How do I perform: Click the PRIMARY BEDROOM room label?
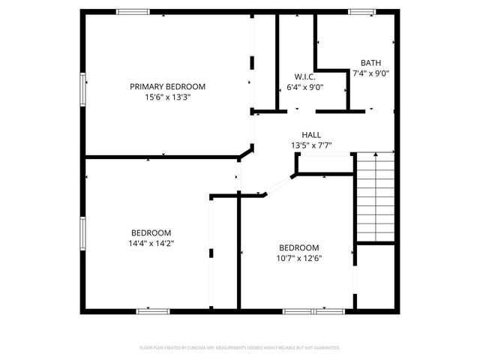click(x=167, y=86)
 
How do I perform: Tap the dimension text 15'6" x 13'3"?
click(x=167, y=97)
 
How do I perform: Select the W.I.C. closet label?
click(x=305, y=76)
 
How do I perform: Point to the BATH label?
click(x=370, y=63)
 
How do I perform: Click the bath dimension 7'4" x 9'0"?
click(x=370, y=73)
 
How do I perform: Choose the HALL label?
click(x=311, y=135)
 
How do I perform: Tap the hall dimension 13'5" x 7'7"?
click(x=311, y=145)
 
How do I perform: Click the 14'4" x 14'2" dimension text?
click(x=151, y=243)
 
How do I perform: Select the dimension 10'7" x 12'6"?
click(x=299, y=259)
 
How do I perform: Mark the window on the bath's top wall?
click(x=361, y=11)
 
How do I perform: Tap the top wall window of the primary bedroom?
click(x=133, y=11)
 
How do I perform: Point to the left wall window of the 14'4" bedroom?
click(x=82, y=233)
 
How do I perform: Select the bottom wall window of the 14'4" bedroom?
click(x=154, y=310)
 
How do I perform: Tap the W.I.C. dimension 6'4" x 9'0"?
click(x=305, y=87)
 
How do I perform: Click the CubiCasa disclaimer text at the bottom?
click(x=240, y=348)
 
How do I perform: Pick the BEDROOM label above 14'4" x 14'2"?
click(x=151, y=232)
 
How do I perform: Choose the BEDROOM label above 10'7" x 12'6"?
click(x=299, y=248)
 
